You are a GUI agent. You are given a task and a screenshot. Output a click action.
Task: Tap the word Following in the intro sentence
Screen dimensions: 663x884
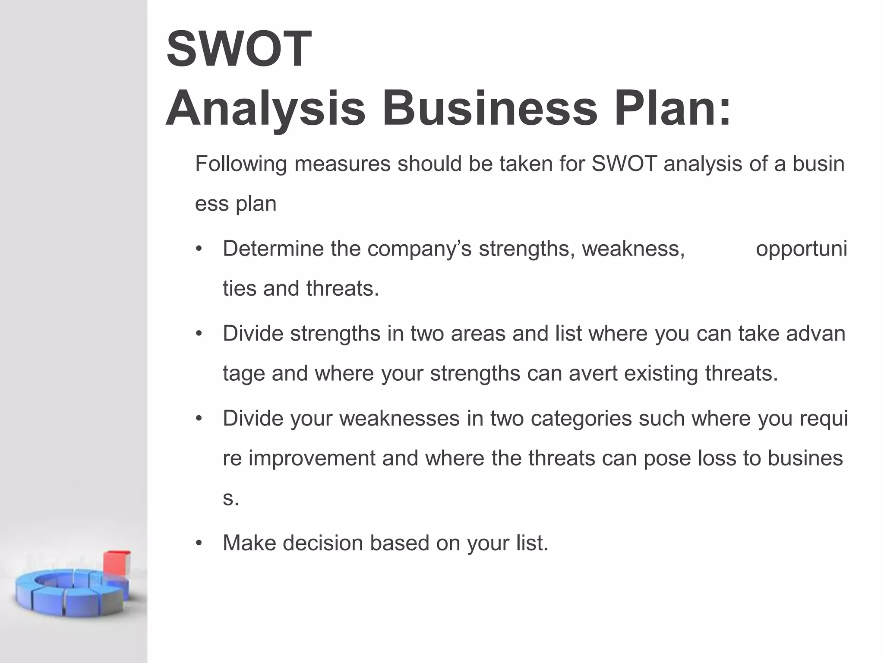pos(241,164)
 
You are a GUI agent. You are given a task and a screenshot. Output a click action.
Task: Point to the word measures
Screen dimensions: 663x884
pos(342,164)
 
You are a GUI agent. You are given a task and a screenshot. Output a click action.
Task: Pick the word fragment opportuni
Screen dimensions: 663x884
pos(801,249)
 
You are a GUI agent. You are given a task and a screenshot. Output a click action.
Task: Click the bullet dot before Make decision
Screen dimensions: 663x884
pos(199,543)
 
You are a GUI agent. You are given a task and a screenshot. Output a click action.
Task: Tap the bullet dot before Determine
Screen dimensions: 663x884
pos(199,249)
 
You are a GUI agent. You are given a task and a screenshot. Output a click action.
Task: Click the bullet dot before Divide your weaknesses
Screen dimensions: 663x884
pos(199,419)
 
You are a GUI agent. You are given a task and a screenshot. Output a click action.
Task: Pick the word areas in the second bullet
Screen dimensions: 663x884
pos(478,334)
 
